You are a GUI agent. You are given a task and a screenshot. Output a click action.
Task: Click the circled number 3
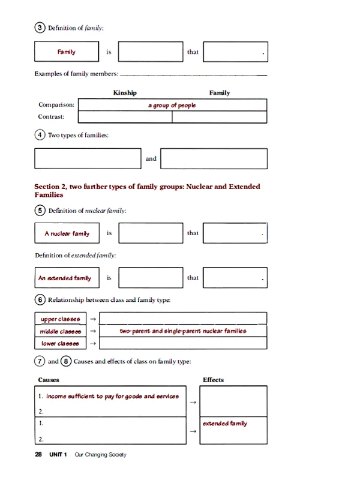(x=40, y=28)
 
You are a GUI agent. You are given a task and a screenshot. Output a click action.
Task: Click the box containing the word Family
(x=67, y=52)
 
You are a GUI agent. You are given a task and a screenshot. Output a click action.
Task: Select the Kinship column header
(x=125, y=93)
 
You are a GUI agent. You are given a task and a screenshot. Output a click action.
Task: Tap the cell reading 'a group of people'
(x=172, y=105)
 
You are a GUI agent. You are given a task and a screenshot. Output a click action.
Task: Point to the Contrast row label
(x=52, y=117)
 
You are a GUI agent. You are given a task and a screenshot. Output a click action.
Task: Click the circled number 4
(x=40, y=136)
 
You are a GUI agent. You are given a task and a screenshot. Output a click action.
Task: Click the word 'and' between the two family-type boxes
(x=151, y=159)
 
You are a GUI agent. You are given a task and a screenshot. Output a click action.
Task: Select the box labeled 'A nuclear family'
(x=67, y=233)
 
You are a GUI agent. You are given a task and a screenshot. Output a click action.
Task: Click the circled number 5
(x=40, y=211)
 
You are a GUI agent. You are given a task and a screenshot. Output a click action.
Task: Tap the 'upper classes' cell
(x=61, y=319)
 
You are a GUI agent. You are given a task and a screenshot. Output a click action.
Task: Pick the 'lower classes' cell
(x=61, y=343)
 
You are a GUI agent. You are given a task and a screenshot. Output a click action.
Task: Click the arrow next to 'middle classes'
(x=93, y=331)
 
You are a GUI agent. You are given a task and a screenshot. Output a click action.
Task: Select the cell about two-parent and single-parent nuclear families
(x=183, y=331)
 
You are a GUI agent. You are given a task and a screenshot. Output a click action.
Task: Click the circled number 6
(x=40, y=299)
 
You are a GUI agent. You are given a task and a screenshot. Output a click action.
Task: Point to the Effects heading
(x=213, y=379)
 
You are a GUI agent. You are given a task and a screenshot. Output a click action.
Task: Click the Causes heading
(x=49, y=379)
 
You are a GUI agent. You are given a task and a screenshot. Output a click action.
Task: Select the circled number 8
(x=66, y=362)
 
